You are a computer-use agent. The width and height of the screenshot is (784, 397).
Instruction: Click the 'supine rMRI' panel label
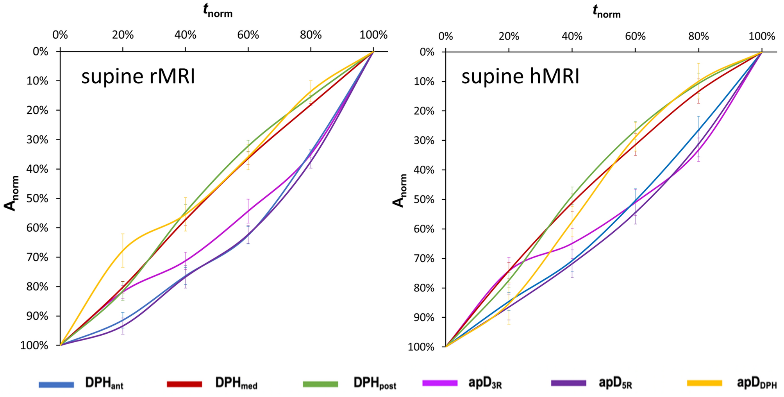pos(138,76)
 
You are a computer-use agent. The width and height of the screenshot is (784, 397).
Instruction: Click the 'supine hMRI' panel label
pos(520,76)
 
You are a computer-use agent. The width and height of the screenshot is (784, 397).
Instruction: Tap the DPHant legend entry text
pos(104,383)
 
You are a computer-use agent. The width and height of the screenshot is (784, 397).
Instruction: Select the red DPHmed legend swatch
pos(184,384)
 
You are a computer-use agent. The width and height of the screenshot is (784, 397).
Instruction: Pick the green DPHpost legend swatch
pos(320,384)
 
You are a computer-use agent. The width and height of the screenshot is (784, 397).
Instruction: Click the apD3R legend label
pos(485,383)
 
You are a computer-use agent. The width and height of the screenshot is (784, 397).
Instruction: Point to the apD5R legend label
pos(615,383)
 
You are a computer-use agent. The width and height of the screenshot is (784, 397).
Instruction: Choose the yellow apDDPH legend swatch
pos(704,383)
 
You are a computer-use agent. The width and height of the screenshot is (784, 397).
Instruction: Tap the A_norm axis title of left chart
pos(12,193)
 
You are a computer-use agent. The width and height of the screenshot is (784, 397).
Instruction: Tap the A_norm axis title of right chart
pos(399,191)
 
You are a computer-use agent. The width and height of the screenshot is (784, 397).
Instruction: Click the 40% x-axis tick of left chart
pos(185,35)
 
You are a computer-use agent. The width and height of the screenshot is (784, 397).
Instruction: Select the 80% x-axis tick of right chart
pos(698,36)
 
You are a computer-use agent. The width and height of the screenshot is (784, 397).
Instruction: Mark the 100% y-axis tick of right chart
pos(421,347)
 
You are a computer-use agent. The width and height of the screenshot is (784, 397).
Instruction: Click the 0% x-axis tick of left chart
pos(60,35)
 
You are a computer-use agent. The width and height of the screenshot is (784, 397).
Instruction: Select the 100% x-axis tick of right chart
pos(762,36)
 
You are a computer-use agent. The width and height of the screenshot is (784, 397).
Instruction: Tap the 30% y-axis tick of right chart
pos(423,140)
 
